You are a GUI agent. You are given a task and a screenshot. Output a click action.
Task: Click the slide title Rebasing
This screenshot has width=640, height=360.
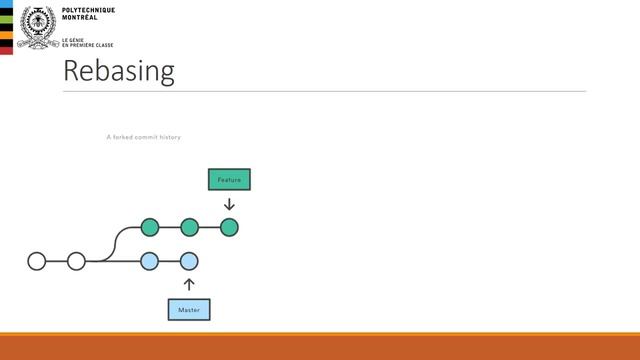coord(118,71)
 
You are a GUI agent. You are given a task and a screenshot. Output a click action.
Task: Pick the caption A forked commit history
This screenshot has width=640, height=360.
coord(143,137)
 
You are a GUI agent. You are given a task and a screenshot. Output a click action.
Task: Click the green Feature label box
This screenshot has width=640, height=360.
coord(229,179)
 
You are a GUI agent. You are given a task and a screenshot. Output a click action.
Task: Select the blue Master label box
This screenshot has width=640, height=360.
coord(189,310)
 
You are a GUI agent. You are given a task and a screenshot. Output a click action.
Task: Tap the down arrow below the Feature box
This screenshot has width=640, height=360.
coord(229,205)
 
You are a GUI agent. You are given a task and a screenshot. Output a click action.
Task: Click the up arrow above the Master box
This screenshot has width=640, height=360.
coord(189,285)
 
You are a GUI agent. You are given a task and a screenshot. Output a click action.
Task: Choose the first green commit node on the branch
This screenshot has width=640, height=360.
coord(150,227)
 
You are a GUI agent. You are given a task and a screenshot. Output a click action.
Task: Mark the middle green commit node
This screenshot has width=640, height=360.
coord(189,227)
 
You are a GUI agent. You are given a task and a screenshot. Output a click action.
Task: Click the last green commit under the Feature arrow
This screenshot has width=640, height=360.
coord(229,227)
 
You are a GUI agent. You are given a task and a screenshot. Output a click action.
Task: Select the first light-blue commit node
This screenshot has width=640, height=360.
coord(150,261)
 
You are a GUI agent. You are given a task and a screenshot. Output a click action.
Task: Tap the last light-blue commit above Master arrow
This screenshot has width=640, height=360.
coord(189,261)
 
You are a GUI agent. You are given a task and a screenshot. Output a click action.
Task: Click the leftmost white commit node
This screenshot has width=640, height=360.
coord(37,261)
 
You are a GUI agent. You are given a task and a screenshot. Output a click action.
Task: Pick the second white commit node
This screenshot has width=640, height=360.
coord(76,261)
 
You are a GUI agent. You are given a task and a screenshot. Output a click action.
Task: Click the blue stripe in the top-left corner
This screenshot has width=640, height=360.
coord(6,24)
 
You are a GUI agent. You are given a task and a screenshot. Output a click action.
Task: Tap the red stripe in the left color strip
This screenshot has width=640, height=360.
coord(6,48)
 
